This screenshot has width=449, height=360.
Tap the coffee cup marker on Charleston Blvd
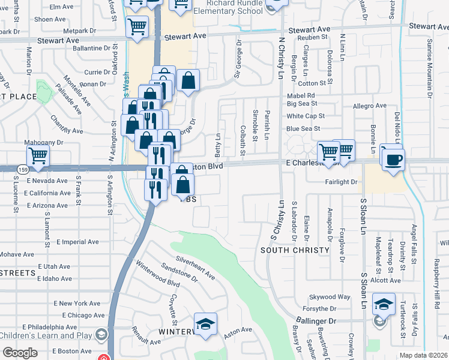pos(393,160)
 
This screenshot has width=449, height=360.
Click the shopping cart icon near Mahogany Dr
pos(38,156)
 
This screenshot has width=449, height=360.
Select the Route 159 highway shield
pos(20,169)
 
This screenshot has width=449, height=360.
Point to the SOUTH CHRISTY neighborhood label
pos(295,250)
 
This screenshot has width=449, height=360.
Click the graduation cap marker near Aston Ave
pos(205,325)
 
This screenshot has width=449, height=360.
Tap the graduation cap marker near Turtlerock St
pos(383,304)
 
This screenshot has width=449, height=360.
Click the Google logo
pos(20,353)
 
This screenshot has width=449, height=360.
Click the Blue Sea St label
pos(303,128)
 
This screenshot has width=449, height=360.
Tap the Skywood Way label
pos(330,297)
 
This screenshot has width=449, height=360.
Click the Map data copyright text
pos(423,355)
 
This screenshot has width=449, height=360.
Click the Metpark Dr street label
pos(79,31)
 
